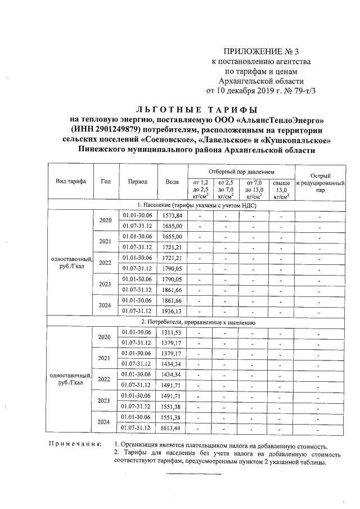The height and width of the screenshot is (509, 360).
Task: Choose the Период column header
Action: [x=137, y=182]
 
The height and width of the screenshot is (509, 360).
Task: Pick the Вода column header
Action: [x=172, y=182]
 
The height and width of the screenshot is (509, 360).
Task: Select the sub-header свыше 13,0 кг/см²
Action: [x=281, y=190]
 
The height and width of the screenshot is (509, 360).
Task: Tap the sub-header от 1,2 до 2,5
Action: [x=201, y=190]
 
